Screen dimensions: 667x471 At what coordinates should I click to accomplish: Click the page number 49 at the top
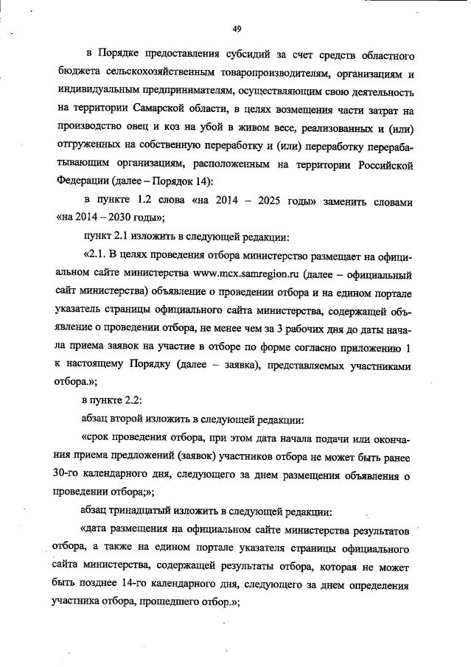(x=237, y=29)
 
